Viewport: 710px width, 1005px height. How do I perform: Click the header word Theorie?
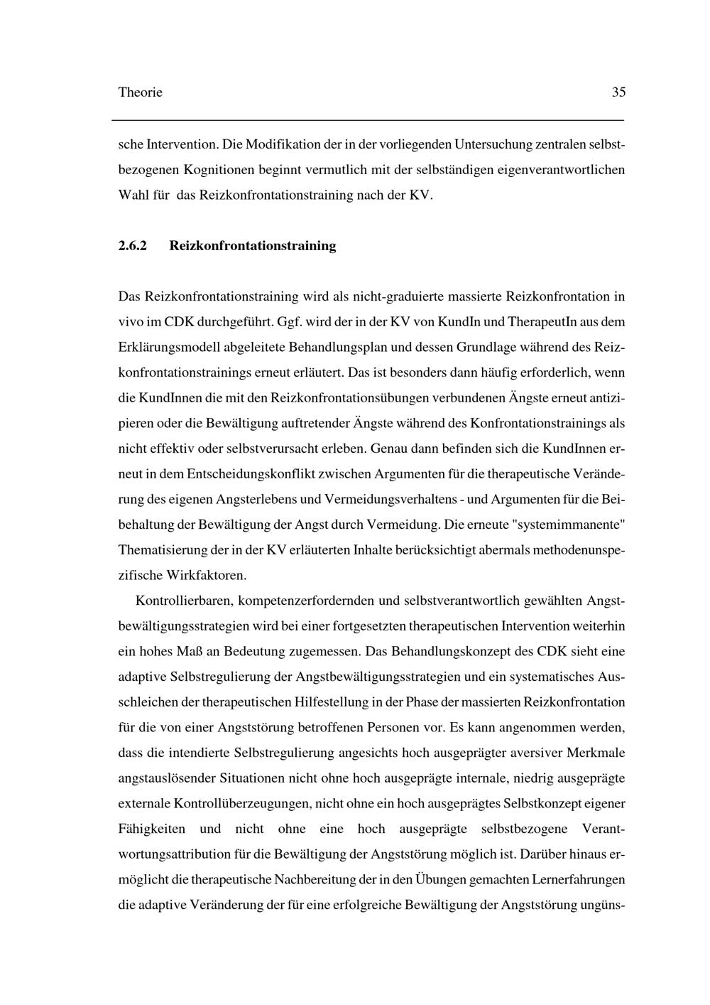[x=140, y=92]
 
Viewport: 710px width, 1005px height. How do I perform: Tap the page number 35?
[x=618, y=92]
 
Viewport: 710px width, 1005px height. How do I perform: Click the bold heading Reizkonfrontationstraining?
[x=253, y=246]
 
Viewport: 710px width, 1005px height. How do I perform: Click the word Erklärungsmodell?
[x=166, y=347]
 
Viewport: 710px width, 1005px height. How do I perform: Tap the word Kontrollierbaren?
[x=183, y=601]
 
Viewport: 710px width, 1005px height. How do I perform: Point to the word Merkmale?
[x=598, y=753]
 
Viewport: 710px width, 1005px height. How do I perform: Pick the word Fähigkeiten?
[x=152, y=829]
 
